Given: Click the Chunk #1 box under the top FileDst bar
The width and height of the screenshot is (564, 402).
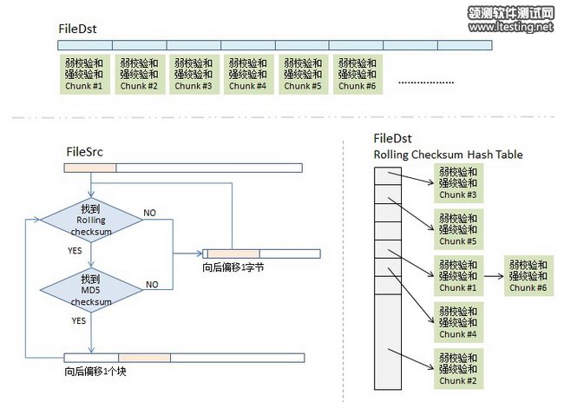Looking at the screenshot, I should pos(86,75).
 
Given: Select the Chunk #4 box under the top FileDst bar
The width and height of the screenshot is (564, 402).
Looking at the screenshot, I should pos(248,75).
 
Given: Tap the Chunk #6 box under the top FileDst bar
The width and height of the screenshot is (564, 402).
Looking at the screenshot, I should pos(357,75).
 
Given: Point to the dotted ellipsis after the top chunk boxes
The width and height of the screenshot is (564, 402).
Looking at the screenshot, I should pos(426,82).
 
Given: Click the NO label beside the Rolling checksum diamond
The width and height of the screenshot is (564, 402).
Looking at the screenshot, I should pos(150,213).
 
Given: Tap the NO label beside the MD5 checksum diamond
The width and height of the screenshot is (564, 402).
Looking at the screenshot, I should pos(152,284).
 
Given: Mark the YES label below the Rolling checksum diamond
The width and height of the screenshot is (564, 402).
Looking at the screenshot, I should pos(75,249).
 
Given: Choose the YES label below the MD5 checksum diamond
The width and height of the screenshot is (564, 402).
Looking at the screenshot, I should pos(78,320).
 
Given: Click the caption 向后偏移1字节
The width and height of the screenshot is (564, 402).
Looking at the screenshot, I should pos(233,267).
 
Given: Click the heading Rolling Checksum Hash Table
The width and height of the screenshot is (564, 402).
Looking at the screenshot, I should pos(448,155).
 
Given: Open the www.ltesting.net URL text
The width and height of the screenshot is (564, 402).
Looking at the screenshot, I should pos(511,28).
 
